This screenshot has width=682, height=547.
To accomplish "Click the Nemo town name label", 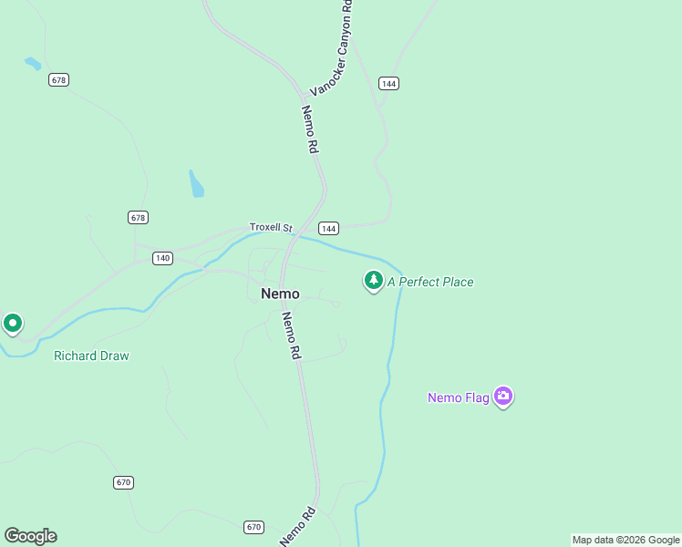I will pyautogui.click(x=280, y=294).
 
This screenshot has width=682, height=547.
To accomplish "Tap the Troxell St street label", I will pyautogui.click(x=270, y=227).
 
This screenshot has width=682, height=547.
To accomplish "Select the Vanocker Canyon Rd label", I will pyautogui.click(x=331, y=48).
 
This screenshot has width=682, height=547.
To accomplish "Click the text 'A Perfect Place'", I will pyautogui.click(x=430, y=282).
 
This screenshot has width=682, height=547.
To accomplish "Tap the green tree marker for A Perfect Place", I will pyautogui.click(x=373, y=281).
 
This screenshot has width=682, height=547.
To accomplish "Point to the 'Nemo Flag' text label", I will pyautogui.click(x=458, y=397).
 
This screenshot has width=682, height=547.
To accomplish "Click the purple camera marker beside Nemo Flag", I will pyautogui.click(x=503, y=396).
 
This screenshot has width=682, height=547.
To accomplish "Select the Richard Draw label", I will pyautogui.click(x=91, y=356).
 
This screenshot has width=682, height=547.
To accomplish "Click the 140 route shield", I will pyautogui.click(x=162, y=258).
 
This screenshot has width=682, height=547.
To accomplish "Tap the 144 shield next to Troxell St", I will pyautogui.click(x=328, y=228).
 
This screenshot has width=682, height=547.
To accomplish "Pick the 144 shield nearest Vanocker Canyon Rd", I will pyautogui.click(x=389, y=84).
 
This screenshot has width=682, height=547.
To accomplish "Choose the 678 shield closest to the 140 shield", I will pyautogui.click(x=138, y=217).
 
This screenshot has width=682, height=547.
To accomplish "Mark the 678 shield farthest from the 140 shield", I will pyautogui.click(x=59, y=80).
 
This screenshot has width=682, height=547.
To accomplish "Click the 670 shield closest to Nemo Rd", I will pyautogui.click(x=254, y=527).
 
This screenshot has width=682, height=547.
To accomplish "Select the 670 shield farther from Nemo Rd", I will pyautogui.click(x=124, y=481).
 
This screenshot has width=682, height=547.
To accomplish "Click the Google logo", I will pyautogui.click(x=30, y=536).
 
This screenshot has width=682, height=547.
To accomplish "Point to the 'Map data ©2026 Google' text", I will pyautogui.click(x=625, y=540).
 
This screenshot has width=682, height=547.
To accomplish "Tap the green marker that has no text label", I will pyautogui.click(x=13, y=323).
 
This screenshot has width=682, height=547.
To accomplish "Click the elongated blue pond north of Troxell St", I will pyautogui.click(x=196, y=184).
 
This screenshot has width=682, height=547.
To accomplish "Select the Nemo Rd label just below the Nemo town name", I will pyautogui.click(x=291, y=335).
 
